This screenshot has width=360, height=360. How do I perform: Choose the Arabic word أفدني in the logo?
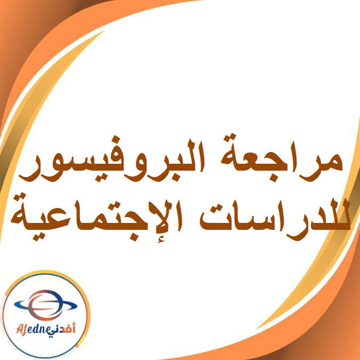[62, 330]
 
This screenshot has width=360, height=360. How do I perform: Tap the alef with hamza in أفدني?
[74, 327]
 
